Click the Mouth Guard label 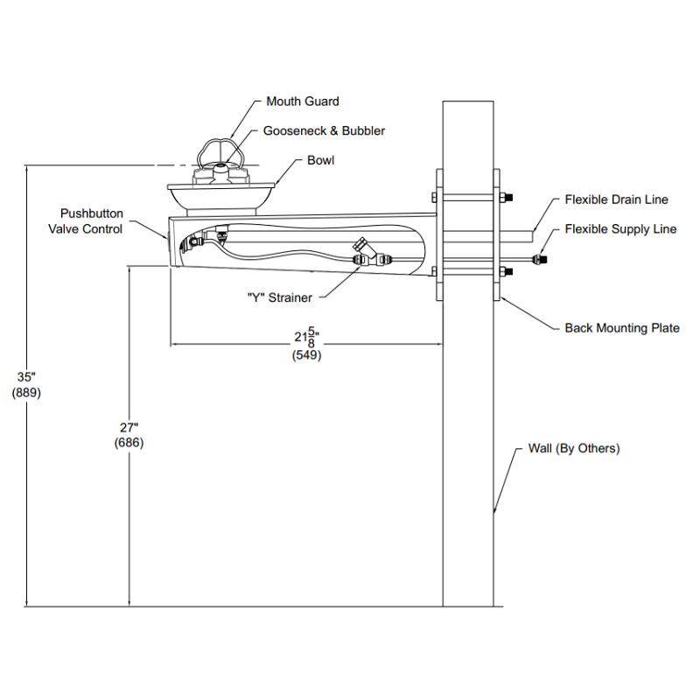[x=303, y=101]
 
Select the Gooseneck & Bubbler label [x=324, y=130]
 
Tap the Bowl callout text [x=320, y=160]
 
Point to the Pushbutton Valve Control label [x=86, y=221]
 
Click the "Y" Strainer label [x=280, y=297]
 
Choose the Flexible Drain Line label [x=617, y=199]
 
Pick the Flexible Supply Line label [x=620, y=229]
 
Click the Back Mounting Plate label [x=622, y=328]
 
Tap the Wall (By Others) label [x=574, y=448]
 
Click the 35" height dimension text [x=26, y=377]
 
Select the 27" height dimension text [x=129, y=428]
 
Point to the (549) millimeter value [x=307, y=355]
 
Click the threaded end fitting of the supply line [x=540, y=258]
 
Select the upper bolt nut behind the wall [x=507, y=197]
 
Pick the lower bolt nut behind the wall [x=507, y=271]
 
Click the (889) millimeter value [x=26, y=393]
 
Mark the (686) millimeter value [x=129, y=443]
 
